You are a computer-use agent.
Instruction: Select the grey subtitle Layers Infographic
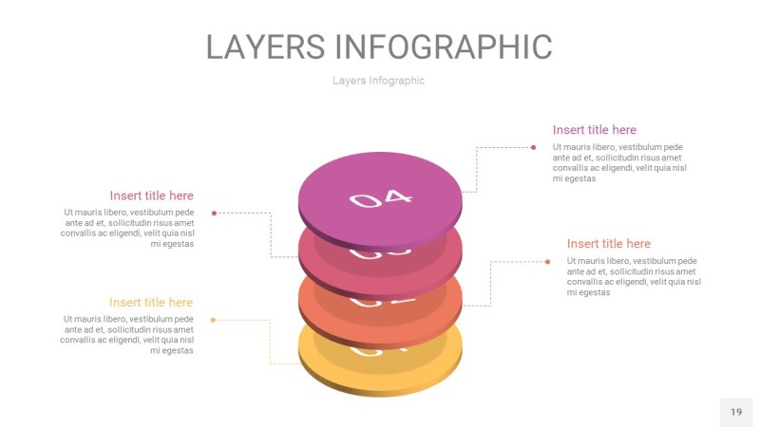pos(378,81)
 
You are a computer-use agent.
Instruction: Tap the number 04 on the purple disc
pos(381,198)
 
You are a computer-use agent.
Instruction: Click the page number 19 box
pos(736,412)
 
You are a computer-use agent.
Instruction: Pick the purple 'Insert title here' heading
pos(595,130)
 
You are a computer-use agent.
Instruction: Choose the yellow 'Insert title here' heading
pos(151,303)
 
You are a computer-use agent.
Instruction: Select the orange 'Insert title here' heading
pos(609,244)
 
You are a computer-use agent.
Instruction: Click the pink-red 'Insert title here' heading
pos(151,195)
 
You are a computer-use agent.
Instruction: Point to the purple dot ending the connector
pos(533,147)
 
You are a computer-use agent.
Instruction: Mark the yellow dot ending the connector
pos(213,320)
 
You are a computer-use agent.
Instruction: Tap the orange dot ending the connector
pos(547,261)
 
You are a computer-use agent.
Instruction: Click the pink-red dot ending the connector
pos(214,213)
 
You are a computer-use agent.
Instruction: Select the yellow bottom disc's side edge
pos(380,389)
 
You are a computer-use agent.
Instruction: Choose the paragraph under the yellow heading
pos(127,335)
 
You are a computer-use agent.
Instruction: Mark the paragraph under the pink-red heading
pos(127,228)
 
